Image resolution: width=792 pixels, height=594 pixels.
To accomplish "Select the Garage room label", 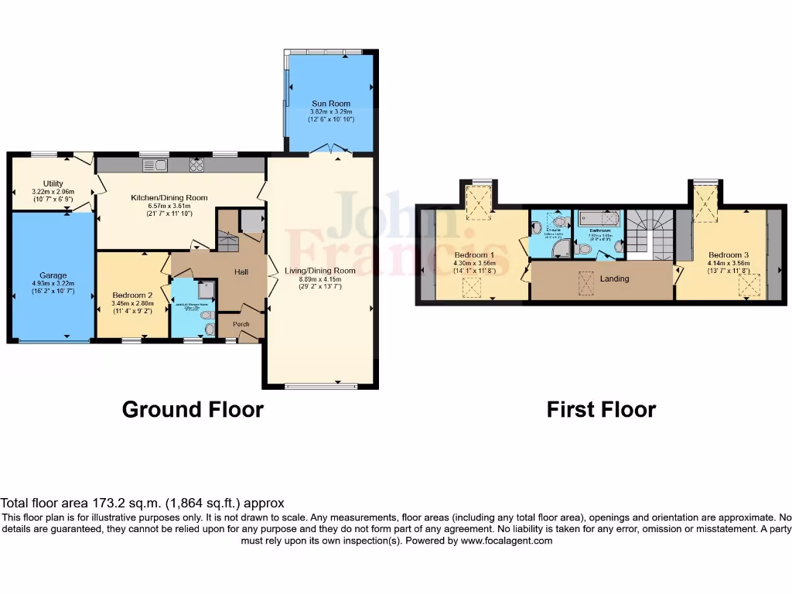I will pos(53,275).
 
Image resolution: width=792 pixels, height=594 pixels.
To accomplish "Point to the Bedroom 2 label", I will pos(132,295).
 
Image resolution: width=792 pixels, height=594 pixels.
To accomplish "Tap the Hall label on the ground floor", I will pos(240,272).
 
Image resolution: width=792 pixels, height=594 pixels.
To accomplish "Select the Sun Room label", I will pos(331,104).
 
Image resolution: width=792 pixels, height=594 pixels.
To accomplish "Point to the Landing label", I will pos(616,278).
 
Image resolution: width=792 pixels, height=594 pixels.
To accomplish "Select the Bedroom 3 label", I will pos(729,255).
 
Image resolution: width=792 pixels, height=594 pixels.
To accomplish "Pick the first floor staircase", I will pos(650,232).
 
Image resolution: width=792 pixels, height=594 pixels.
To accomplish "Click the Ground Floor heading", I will pos(193,409).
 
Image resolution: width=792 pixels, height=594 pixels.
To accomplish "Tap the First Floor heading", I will pos(601,409).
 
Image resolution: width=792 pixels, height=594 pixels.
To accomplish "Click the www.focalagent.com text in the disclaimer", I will pos(507,541).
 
